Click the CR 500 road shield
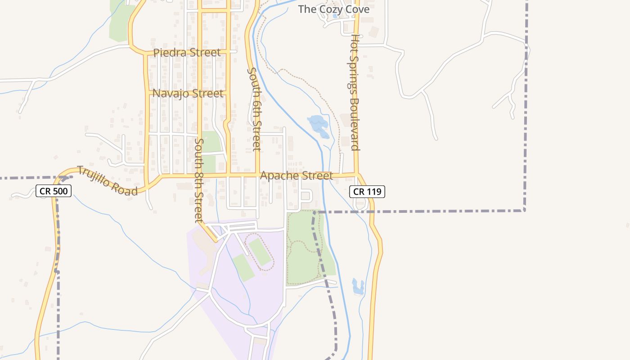click(54, 191)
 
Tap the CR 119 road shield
click(367, 192)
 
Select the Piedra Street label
click(187, 53)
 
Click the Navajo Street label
click(188, 94)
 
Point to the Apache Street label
click(297, 175)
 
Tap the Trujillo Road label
click(107, 181)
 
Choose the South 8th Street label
click(199, 180)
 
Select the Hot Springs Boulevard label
click(355, 92)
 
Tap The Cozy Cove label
click(334, 9)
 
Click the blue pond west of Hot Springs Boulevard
click(319, 126)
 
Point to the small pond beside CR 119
click(358, 287)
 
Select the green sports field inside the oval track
click(260, 251)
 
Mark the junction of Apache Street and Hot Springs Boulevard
click(357, 174)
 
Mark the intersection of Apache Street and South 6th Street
click(258, 174)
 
